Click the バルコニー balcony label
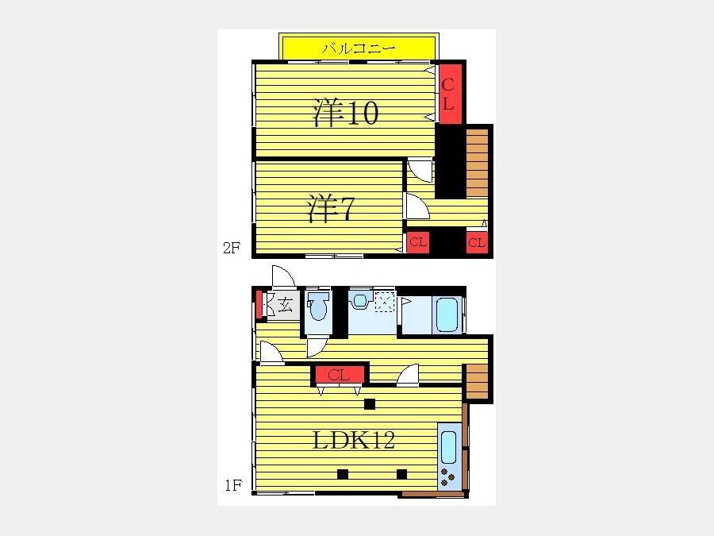tap(359, 48)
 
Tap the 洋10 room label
tap(346, 112)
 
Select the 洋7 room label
tap(331, 208)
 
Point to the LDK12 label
tap(354, 440)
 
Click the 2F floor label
tap(232, 248)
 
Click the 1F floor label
tap(233, 485)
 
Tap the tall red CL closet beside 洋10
tap(451, 94)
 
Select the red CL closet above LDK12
tap(340, 375)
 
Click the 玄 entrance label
tap(286, 304)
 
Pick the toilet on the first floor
tap(318, 306)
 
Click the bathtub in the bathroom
tap(447, 314)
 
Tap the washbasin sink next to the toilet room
tap(360, 300)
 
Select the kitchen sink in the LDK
tap(448, 447)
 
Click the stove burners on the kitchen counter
tap(447, 477)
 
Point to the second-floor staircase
tap(477, 163)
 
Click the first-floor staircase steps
tap(477, 381)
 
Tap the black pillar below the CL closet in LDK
tap(369, 404)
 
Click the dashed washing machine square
tap(384, 302)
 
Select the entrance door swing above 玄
tap(283, 276)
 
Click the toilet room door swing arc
tap(317, 347)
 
